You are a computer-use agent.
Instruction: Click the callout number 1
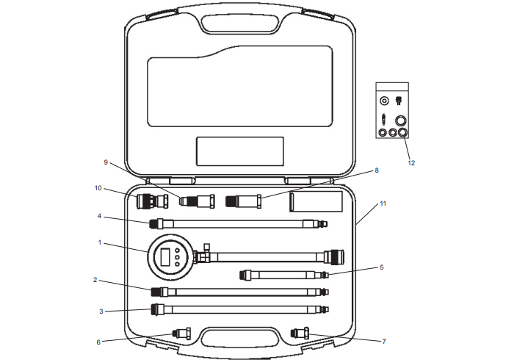(x=101, y=242)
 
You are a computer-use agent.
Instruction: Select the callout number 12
(x=411, y=162)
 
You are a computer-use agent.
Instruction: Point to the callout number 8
(x=377, y=170)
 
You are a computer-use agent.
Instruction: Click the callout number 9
(x=105, y=162)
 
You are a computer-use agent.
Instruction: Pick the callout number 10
(x=98, y=188)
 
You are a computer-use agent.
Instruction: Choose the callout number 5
(x=381, y=267)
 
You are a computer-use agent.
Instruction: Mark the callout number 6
(x=98, y=341)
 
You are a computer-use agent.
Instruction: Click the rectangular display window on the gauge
(x=166, y=257)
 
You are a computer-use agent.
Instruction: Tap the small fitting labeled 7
(x=301, y=333)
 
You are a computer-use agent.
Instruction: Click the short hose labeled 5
(x=283, y=275)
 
